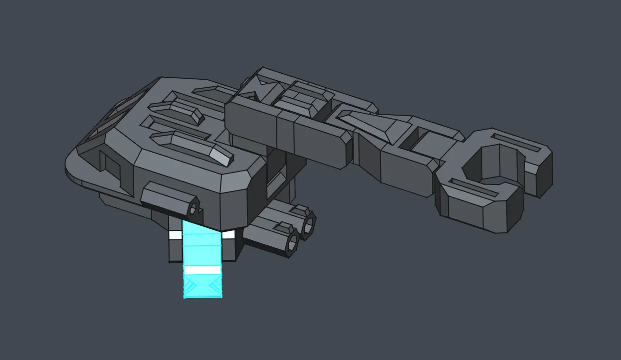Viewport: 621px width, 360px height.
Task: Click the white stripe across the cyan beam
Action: [x=202, y=270]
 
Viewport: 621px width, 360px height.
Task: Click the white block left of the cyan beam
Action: [x=175, y=235]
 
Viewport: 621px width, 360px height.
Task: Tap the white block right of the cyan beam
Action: [x=228, y=235]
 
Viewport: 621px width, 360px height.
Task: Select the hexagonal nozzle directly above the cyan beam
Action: [x=193, y=206]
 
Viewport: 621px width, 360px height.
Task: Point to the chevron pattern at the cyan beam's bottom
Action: [x=202, y=286]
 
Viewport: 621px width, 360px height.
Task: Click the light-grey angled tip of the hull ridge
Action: [x=220, y=156]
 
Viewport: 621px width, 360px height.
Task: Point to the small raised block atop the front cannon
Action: [x=282, y=227]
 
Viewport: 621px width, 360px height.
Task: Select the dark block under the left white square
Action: [x=175, y=251]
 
